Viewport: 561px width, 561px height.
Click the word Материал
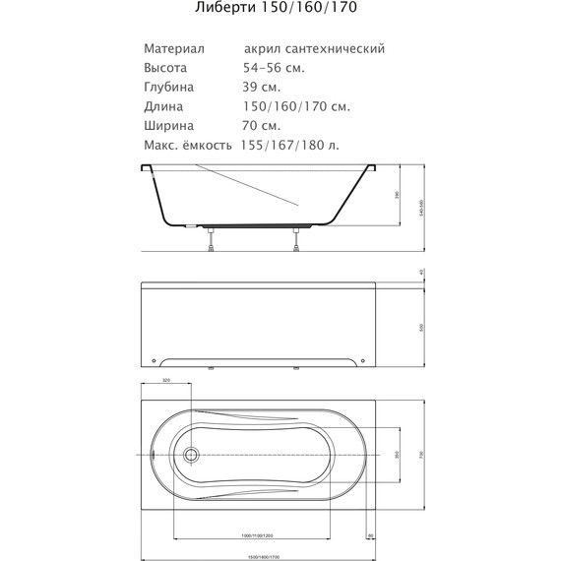[x=173, y=48]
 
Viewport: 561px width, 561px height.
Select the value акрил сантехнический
[x=313, y=48]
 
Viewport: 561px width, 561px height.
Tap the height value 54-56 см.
[x=273, y=68]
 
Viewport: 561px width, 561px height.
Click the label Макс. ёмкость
[x=187, y=145]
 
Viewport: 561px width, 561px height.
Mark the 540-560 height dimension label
[x=421, y=202]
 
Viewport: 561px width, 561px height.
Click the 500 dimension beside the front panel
[x=420, y=327]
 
